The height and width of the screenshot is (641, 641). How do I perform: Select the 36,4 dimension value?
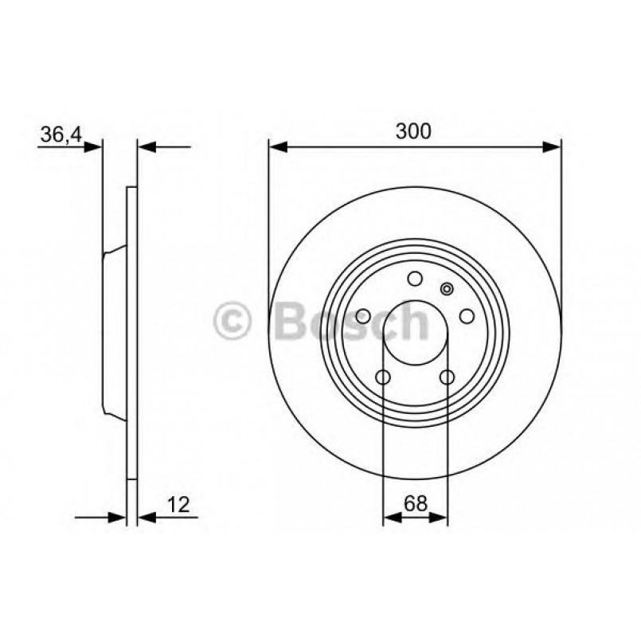[x=61, y=135]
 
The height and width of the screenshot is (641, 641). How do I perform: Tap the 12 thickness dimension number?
[x=178, y=503]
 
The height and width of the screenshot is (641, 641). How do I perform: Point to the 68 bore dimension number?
[x=414, y=503]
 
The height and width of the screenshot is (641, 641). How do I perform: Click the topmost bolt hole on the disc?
[x=414, y=279]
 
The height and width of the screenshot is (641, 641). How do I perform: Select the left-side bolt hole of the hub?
[x=362, y=317]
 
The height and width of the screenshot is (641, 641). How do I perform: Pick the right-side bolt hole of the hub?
[x=467, y=317]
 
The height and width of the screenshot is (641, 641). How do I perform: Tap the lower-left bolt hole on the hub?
[x=382, y=377]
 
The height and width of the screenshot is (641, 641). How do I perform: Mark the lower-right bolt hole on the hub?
[x=447, y=377]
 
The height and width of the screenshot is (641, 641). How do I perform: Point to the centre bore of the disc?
[x=414, y=333]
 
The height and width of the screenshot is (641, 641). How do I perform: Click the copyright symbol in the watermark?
[x=233, y=322]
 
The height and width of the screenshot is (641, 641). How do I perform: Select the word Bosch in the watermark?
[x=350, y=322]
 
